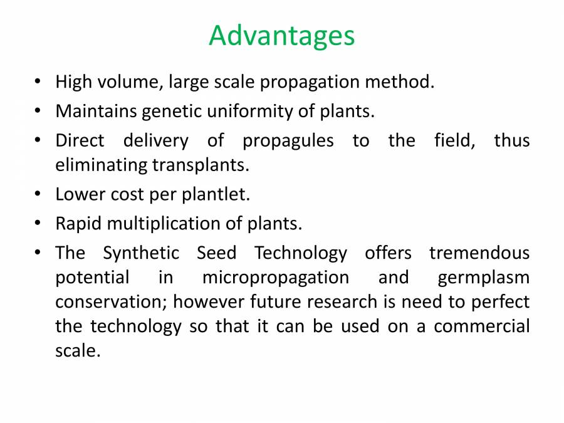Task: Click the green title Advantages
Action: [x=281, y=36]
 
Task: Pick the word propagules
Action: [x=288, y=140]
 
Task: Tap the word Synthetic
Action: [x=141, y=253]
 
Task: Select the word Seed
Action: [x=216, y=253]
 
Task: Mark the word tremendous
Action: [x=479, y=253]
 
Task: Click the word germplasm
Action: [x=483, y=278]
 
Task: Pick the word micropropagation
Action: [x=275, y=278]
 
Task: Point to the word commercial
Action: [x=481, y=326]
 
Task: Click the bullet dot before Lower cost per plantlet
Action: [x=38, y=195]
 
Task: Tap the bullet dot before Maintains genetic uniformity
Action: [x=38, y=112]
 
